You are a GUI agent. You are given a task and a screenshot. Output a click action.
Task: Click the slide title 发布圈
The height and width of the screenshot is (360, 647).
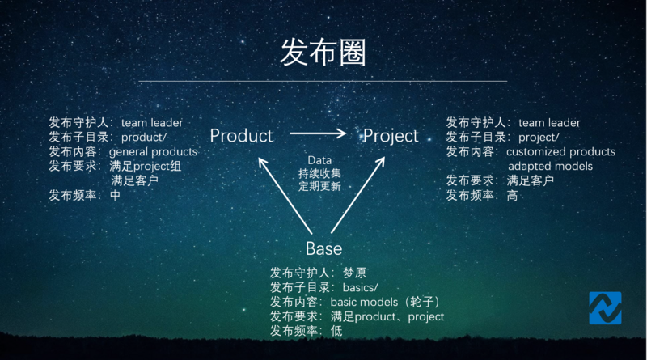323,53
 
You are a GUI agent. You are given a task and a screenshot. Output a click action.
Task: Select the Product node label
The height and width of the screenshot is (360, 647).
241,136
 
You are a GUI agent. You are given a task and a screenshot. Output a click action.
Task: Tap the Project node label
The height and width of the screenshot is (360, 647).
391,136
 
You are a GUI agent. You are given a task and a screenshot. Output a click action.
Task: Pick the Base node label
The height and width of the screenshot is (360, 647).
323,248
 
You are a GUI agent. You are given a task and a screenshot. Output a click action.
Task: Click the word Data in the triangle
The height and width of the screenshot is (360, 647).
319,160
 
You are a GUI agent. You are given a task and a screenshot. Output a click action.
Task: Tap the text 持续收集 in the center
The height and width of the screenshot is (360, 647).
319,173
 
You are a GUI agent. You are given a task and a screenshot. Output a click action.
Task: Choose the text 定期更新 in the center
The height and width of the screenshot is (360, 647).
319,186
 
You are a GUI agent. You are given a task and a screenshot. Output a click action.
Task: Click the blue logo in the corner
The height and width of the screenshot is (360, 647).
605,307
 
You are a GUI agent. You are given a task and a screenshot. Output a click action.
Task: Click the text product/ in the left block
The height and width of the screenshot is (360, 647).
144,138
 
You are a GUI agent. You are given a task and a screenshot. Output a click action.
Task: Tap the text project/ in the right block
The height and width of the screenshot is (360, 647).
541,138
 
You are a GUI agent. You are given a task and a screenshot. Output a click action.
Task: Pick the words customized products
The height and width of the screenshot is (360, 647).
560,152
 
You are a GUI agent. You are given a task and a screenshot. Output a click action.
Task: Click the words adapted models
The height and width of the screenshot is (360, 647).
550,167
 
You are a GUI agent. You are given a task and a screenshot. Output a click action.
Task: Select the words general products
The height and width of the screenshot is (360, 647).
153,152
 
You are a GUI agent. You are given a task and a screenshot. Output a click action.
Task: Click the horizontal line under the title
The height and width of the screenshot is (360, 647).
323,81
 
